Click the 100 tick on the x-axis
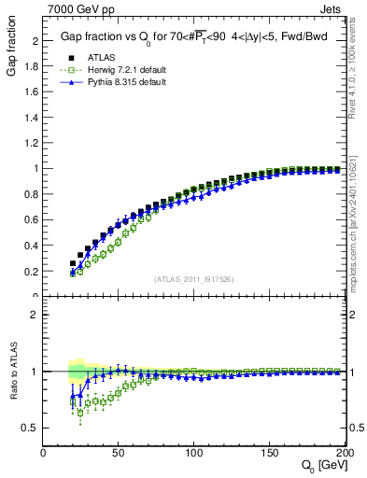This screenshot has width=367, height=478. click(x=193, y=453)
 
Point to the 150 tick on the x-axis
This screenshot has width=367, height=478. click(x=268, y=453)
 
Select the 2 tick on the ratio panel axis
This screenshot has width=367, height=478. click(x=35, y=315)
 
